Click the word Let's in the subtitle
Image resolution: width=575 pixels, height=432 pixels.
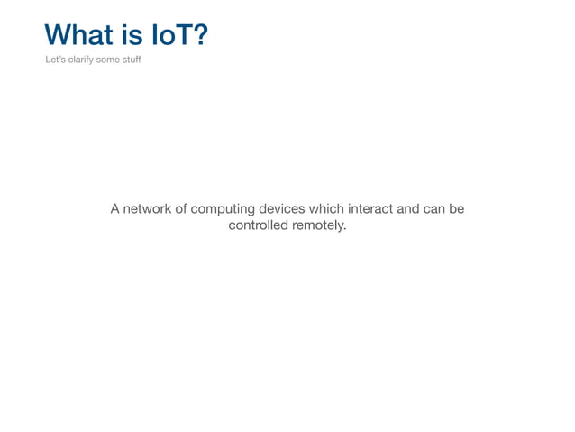point(55,60)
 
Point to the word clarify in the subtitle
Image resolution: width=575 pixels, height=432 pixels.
point(81,60)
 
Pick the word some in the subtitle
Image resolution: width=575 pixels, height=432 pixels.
point(110,60)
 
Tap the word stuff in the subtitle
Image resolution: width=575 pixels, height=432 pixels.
point(133,60)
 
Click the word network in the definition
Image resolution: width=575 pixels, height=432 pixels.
point(148,209)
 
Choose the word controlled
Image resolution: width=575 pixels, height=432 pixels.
point(258,225)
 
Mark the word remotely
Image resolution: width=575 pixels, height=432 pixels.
point(319,225)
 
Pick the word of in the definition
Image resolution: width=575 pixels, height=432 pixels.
point(182,209)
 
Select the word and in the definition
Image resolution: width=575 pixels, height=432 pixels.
point(409,209)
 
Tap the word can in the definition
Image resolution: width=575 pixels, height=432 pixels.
point(436,209)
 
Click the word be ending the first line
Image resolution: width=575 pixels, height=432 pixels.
point(457,209)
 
